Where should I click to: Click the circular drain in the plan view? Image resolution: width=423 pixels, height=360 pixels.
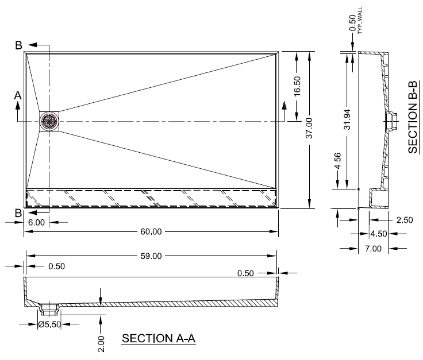[49, 121]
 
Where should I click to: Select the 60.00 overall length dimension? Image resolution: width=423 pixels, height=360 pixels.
[151, 231]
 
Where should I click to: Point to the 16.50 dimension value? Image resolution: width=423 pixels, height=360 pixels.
[297, 87]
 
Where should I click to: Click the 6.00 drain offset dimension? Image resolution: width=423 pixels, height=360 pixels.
[36, 222]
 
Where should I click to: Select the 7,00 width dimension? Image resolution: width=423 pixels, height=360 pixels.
[373, 248]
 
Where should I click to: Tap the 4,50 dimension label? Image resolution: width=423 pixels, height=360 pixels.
[378, 234]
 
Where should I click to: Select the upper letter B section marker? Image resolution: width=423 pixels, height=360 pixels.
[18, 45]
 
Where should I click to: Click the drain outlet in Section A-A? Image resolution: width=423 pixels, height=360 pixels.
[49, 309]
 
